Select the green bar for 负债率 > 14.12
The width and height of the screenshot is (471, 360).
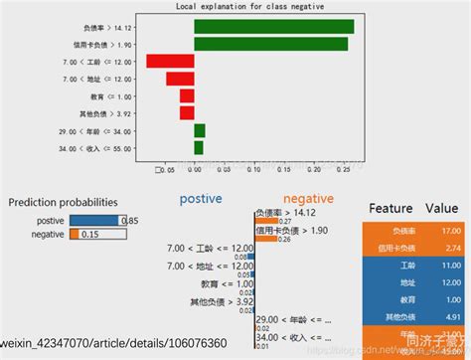coord(273,27)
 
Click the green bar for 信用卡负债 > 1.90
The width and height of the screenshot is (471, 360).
coord(270,44)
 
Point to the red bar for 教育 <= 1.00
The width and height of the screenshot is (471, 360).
coord(187,95)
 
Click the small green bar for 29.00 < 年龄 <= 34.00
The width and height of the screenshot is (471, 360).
coord(200,130)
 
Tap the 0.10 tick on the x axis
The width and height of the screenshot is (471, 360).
coord(253,170)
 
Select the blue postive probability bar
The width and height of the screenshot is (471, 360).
coord(93,220)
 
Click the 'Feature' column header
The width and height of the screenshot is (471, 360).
coord(391,210)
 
